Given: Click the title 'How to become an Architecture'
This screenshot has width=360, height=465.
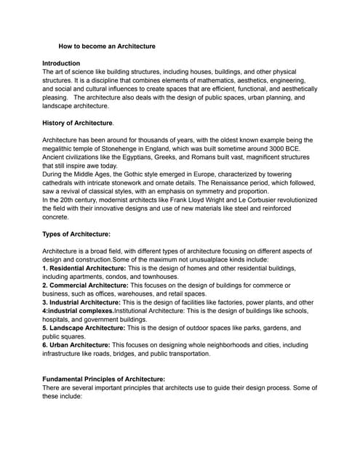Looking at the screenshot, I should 107,46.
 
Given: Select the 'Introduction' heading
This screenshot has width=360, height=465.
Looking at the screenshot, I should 61,63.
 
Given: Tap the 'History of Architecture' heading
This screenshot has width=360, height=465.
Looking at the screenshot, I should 77,122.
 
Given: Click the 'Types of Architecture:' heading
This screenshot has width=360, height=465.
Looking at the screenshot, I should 76,234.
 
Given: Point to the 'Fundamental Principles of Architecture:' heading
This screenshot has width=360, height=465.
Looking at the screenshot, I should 104,379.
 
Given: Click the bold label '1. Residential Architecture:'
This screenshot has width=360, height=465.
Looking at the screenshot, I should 84,268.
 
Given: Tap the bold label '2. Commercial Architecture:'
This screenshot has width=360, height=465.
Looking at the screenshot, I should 87,285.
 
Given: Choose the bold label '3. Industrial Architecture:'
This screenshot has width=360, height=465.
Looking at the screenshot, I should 82,302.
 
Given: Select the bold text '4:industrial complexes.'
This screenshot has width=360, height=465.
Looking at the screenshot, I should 78,310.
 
